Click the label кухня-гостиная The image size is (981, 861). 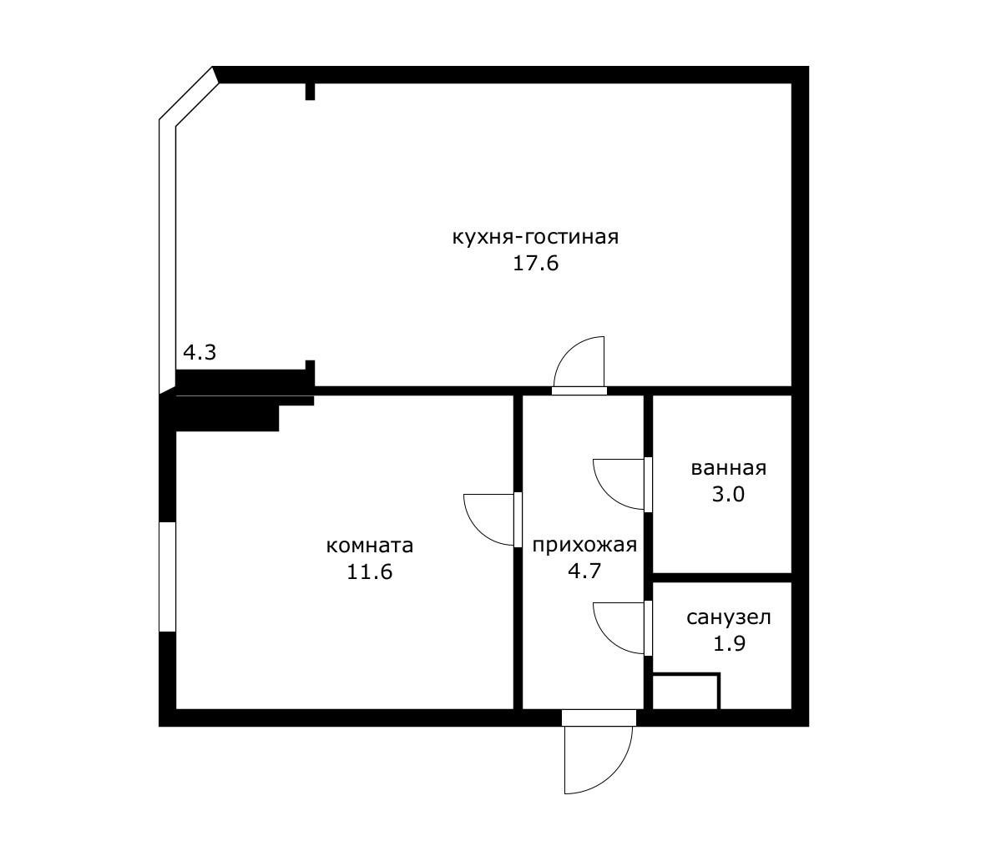coord(535,238)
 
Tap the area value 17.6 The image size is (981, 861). coord(535,264)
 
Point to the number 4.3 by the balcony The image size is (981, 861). coord(200,353)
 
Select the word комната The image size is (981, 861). coord(370,546)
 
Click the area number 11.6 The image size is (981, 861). coord(370,571)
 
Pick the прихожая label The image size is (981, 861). coord(584,546)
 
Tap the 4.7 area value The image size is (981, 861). coord(584,571)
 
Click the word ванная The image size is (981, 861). coord(729,468)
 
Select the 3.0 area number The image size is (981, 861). coord(729,495)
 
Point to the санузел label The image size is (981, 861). coord(729,617)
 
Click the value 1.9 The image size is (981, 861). coord(730,643)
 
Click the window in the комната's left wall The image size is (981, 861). coord(168,577)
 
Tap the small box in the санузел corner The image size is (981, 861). coord(686,692)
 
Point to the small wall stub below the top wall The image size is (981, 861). coord(310,91)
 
